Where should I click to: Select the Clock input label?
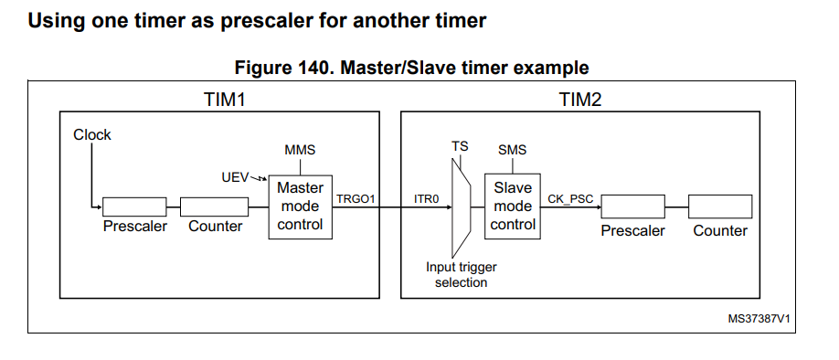pos(91,134)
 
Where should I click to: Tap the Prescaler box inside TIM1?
pos(133,206)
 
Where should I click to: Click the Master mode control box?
pos(301,206)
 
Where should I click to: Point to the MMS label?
pos(300,150)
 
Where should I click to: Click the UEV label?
pos(236,176)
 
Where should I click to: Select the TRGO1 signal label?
pos(355,198)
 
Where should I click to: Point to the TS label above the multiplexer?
pos(460,146)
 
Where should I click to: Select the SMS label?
pos(512,150)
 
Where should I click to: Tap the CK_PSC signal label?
pos(568,198)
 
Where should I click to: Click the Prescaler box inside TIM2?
pos(632,206)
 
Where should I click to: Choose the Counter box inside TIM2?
pos(720,206)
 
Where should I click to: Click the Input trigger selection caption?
pos(461,275)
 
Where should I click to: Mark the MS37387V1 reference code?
pos(759,319)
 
